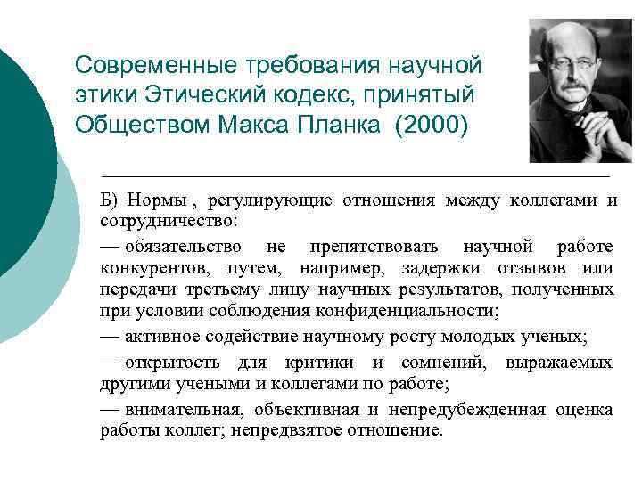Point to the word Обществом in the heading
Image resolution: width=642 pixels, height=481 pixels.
(144, 122)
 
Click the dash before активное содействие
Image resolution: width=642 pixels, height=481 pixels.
(110, 337)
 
